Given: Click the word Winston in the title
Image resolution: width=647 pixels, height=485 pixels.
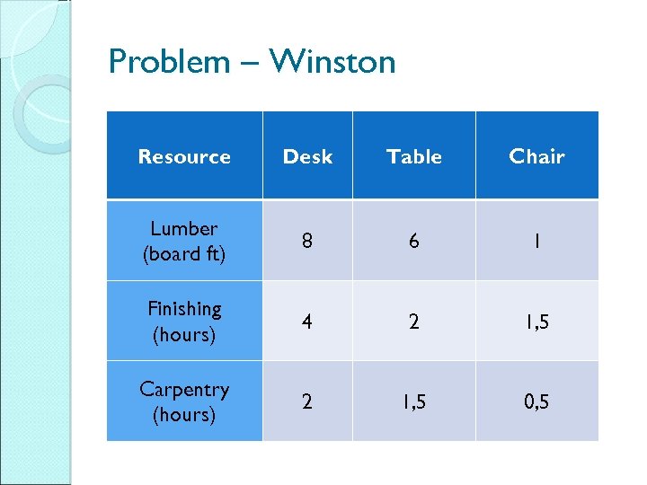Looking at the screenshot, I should [x=332, y=62].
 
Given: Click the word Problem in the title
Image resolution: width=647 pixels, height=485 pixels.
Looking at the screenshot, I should [x=169, y=62].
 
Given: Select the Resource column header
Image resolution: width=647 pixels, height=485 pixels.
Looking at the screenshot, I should [x=184, y=156].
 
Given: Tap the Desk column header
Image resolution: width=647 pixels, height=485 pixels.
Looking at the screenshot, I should [x=307, y=156].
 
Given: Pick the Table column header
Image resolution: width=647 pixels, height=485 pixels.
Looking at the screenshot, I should [x=413, y=156].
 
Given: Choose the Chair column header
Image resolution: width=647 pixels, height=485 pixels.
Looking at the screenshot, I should [x=536, y=156].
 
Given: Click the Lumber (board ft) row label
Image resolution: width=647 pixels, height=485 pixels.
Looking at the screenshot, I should [x=184, y=241].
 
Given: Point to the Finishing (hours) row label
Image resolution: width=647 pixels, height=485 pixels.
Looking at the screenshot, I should [x=184, y=321].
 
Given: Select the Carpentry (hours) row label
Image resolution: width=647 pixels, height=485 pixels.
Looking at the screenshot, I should [x=184, y=401].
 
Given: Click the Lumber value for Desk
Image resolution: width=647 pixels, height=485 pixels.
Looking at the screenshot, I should [x=307, y=241].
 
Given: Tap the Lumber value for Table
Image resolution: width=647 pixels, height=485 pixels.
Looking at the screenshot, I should [x=413, y=241].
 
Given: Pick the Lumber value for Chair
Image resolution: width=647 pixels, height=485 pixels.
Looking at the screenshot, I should [x=536, y=241].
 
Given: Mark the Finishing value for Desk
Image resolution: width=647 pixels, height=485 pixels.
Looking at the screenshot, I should [x=307, y=322].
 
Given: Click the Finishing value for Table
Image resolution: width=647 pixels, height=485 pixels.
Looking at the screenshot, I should [x=413, y=322].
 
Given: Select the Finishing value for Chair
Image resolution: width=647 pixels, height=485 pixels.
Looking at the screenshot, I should [x=536, y=322].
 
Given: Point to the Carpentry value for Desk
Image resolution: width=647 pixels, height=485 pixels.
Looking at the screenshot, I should [x=307, y=401].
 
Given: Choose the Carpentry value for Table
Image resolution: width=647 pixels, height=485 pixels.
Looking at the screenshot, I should [x=413, y=401].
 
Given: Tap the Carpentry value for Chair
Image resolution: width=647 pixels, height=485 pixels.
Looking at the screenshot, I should [x=536, y=401].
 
